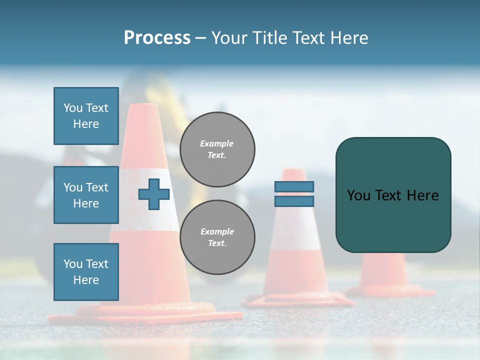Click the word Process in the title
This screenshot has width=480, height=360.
click(157, 38)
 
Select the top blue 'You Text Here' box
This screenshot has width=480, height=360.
click(86, 116)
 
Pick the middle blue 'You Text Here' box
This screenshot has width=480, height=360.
click(86, 195)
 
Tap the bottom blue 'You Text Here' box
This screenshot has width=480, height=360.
click(86, 271)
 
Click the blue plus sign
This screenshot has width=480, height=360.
click(154, 194)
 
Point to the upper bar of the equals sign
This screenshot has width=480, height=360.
click(294, 186)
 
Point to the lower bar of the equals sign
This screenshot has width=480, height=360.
click(294, 201)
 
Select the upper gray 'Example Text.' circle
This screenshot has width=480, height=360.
click(217, 149)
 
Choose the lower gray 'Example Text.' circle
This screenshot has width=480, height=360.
click(217, 237)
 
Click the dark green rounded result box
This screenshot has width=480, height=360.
click(393, 195)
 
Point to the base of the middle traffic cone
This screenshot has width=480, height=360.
click(298, 300)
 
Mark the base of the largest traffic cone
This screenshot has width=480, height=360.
click(145, 315)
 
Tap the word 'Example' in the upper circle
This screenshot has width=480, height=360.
click(217, 143)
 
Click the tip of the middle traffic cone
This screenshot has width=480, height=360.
click(293, 171)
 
